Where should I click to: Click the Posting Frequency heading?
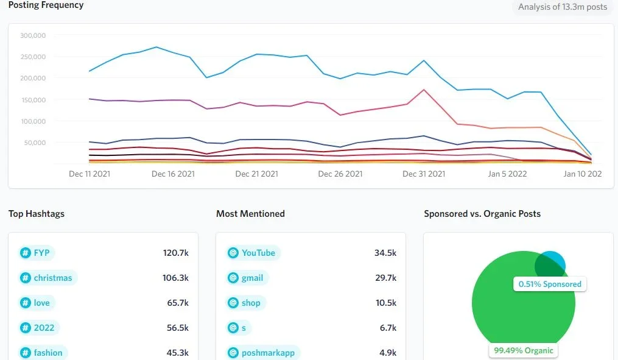click(x=46, y=5)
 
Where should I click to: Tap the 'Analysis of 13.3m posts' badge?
click(x=562, y=7)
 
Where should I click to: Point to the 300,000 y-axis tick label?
click(x=33, y=35)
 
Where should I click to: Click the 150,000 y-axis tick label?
click(x=33, y=100)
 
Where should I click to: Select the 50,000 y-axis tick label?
click(x=35, y=143)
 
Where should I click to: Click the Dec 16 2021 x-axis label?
click(x=173, y=174)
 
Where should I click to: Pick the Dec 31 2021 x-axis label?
click(x=424, y=174)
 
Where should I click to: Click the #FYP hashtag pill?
click(x=36, y=253)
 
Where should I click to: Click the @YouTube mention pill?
click(x=251, y=253)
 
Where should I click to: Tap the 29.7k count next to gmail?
click(x=385, y=278)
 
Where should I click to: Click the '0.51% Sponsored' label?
click(x=550, y=284)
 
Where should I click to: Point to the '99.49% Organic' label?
click(x=524, y=350)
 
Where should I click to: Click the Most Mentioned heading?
click(x=250, y=214)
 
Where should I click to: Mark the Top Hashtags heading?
click(x=37, y=214)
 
